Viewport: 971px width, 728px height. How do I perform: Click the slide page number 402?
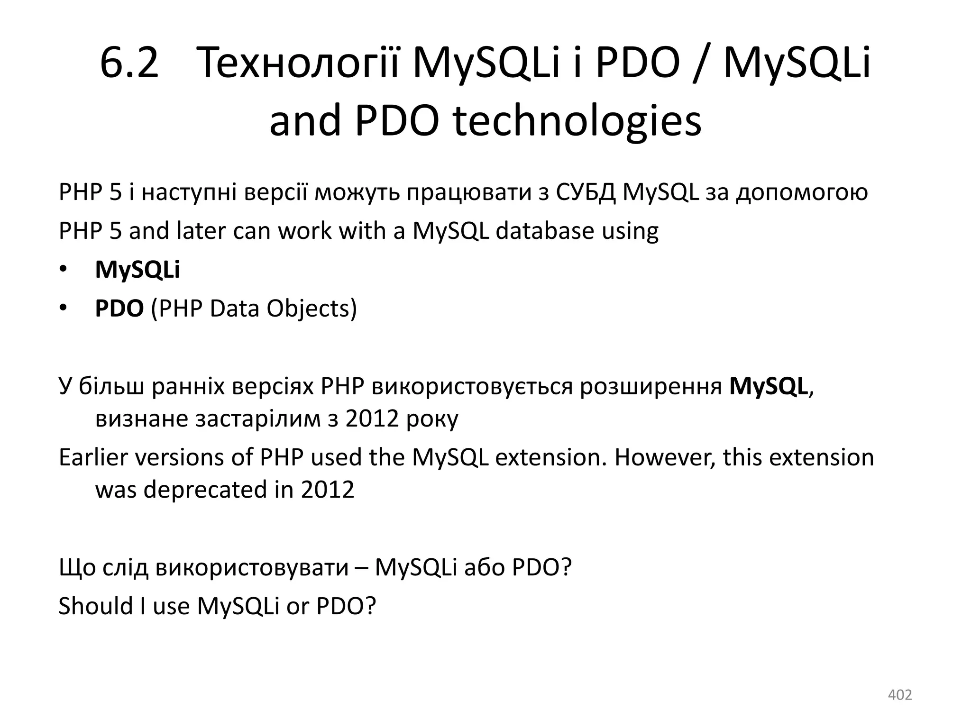pos(899,695)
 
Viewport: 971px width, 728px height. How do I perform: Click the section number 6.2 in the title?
pos(129,64)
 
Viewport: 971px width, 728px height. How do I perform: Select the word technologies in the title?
pos(577,121)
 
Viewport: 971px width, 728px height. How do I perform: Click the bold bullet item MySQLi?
pos(137,270)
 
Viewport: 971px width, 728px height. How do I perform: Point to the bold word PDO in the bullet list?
pos(119,309)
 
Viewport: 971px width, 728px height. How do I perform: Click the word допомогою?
pos(802,193)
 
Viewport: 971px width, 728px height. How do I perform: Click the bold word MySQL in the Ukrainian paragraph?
pos(769,387)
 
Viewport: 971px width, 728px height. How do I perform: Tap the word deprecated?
pos(205,490)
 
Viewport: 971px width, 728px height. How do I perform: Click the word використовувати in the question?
pos(251,567)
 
